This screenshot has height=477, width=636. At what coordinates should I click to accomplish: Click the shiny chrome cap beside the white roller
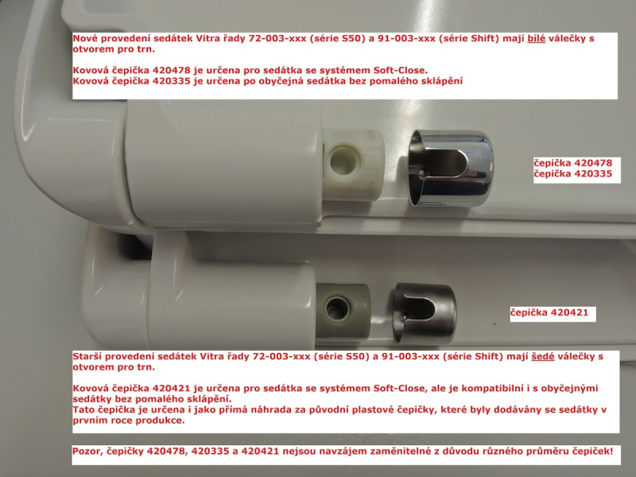pos(451,168)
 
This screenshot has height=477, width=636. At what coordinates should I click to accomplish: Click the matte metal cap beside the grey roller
pos(425,312)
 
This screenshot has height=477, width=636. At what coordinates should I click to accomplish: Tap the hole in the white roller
pos(343,161)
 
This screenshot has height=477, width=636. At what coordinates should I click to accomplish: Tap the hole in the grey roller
pos(337,309)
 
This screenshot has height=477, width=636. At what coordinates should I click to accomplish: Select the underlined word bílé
pos(536,39)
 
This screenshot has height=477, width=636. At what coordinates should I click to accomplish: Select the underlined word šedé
pos(543,356)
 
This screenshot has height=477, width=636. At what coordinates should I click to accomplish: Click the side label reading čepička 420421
pos(549,312)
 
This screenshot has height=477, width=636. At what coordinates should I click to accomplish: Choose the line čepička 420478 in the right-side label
pos(572,163)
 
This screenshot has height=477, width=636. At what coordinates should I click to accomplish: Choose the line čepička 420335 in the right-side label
pos(572,174)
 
